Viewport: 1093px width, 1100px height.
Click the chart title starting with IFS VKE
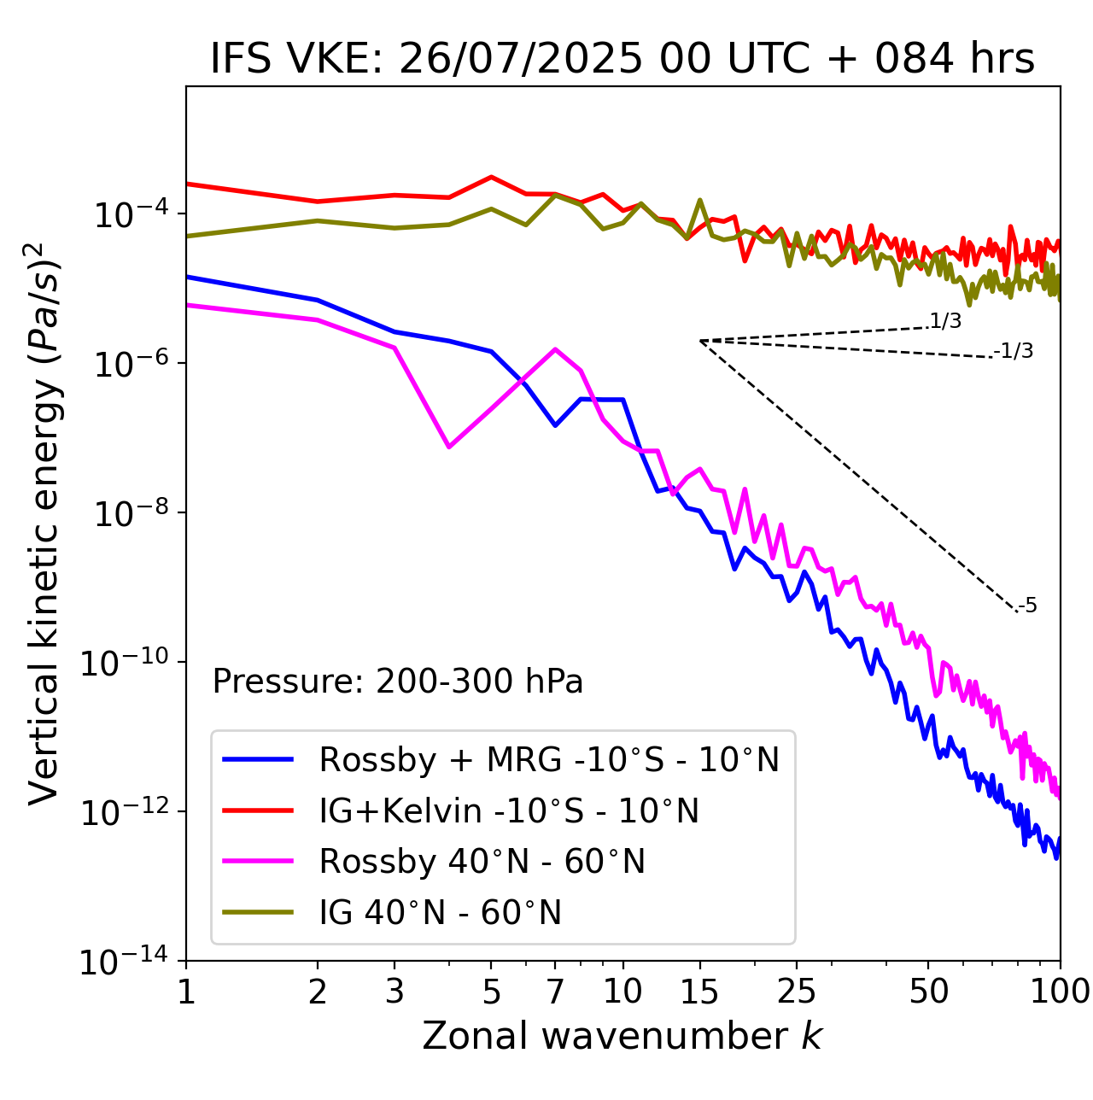(622, 60)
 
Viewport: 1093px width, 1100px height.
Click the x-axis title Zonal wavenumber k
(622, 1036)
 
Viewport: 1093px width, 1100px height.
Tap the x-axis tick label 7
(555, 992)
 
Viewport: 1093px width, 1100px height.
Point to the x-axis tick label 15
(699, 992)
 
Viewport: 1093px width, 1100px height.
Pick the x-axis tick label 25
(797, 992)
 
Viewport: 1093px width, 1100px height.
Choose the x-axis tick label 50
(928, 992)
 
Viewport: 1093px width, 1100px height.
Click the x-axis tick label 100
(1060, 992)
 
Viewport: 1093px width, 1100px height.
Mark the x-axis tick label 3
(395, 992)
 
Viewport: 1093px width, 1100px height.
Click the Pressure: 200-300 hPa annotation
(398, 682)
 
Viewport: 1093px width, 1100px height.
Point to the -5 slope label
(1028, 606)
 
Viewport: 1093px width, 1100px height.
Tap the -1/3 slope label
(1014, 351)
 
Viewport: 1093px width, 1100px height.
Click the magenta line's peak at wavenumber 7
(555, 349)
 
